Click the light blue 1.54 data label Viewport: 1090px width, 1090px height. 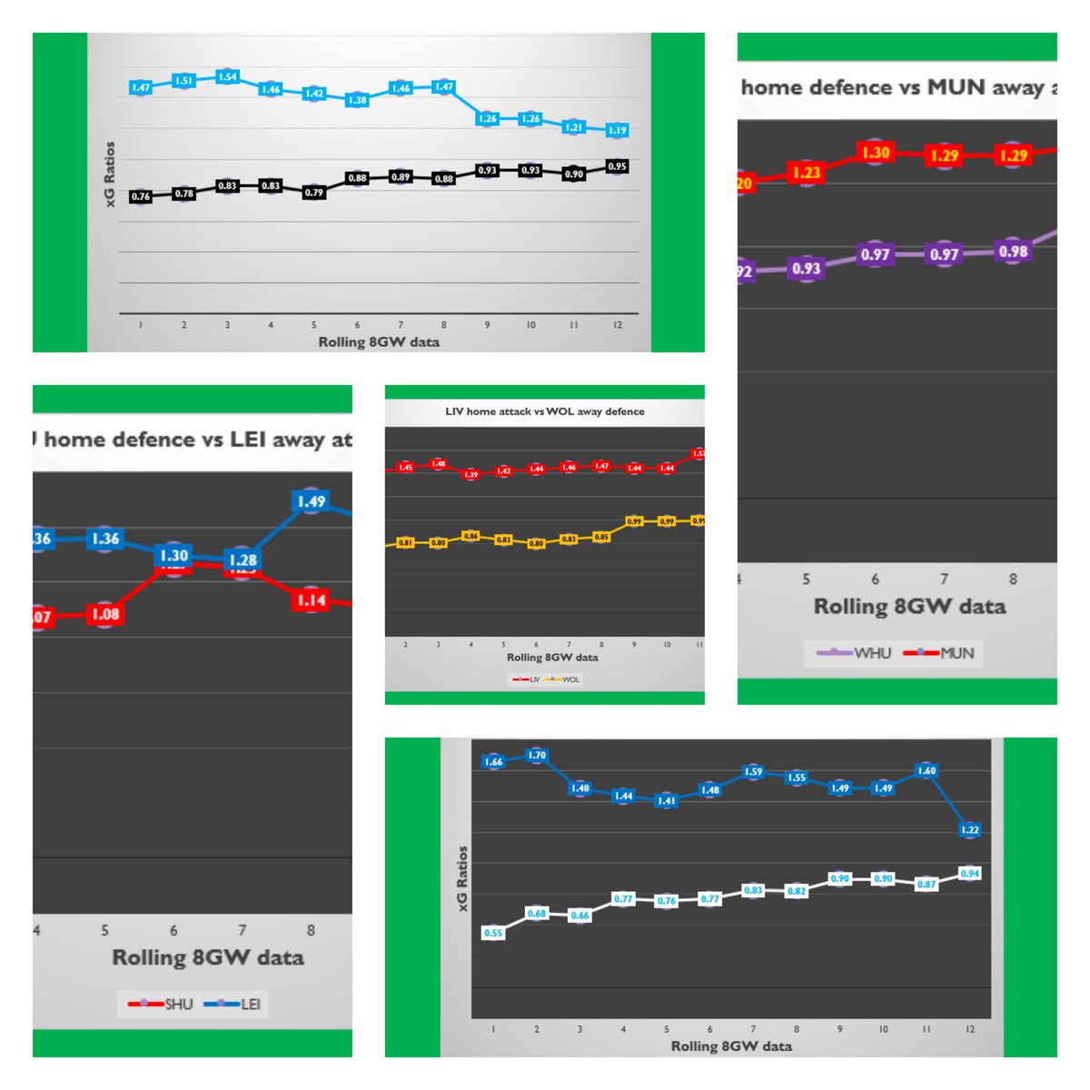tap(227, 77)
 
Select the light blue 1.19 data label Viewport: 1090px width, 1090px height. tap(618, 131)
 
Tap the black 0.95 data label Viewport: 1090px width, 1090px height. tap(618, 166)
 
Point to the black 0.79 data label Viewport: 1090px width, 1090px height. tap(314, 193)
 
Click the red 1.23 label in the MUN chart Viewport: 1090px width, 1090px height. tap(806, 173)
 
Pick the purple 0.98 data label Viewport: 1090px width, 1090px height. tap(1013, 252)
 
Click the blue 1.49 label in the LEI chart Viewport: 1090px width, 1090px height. tap(311, 501)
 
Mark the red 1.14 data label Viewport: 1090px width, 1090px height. tap(311, 600)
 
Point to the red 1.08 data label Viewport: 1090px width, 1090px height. tap(105, 614)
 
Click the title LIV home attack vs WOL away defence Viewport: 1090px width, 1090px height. tap(545, 411)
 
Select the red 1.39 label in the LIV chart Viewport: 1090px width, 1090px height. tap(471, 474)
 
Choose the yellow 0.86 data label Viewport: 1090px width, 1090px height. tap(471, 537)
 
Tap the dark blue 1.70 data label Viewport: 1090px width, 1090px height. tap(537, 756)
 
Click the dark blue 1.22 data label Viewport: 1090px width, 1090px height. tap(969, 829)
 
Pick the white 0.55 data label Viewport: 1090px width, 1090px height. tap(493, 933)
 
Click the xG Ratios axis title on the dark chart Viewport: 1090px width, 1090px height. tap(462, 878)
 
